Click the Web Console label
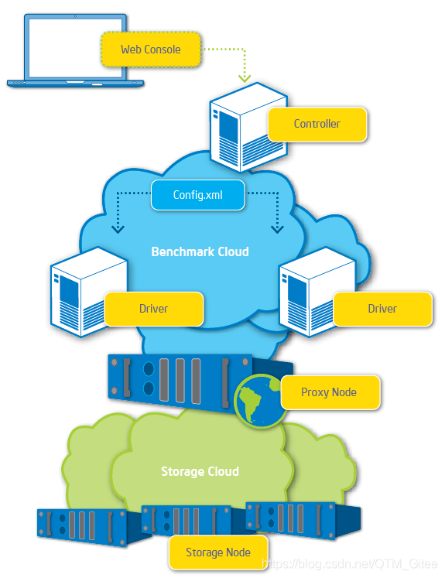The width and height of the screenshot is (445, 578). (151, 50)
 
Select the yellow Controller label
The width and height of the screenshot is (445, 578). (317, 124)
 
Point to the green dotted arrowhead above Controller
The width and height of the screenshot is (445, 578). (245, 78)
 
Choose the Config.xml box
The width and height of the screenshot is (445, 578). (198, 195)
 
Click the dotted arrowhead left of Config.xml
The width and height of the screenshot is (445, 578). (118, 229)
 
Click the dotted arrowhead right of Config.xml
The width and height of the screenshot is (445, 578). (277, 229)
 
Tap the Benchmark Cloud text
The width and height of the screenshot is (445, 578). (200, 251)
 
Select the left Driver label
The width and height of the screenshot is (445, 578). (154, 309)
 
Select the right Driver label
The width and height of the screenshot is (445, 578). (382, 309)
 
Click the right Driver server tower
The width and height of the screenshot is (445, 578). (313, 292)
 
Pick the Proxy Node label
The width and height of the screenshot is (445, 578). (329, 392)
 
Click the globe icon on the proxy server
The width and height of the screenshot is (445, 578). (260, 401)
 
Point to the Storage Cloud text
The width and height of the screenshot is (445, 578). (200, 471)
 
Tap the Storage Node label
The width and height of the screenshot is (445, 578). (218, 552)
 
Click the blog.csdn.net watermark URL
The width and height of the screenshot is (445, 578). (350, 564)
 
